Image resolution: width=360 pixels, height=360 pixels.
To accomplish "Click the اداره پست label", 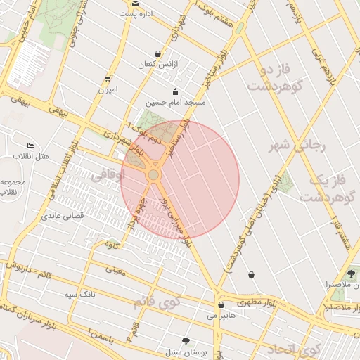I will (x=135, y=14).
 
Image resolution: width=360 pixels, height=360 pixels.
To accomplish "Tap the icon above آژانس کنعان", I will (x=157, y=53).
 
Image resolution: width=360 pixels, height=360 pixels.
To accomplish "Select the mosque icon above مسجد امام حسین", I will (x=175, y=91).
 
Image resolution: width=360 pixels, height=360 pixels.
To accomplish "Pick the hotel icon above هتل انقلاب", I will (x=30, y=145).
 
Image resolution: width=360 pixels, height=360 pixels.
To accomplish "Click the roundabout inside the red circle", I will (x=153, y=174).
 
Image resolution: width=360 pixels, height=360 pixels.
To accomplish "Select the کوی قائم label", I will (x=156, y=302).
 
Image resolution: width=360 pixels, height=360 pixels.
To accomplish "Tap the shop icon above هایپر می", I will (x=221, y=305).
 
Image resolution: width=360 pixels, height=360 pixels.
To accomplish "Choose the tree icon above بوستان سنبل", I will (x=186, y=340).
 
